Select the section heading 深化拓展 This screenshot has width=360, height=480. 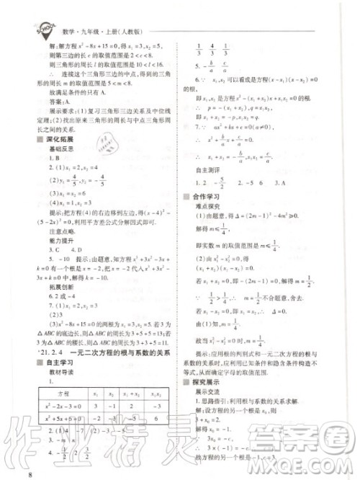point(64,139)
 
